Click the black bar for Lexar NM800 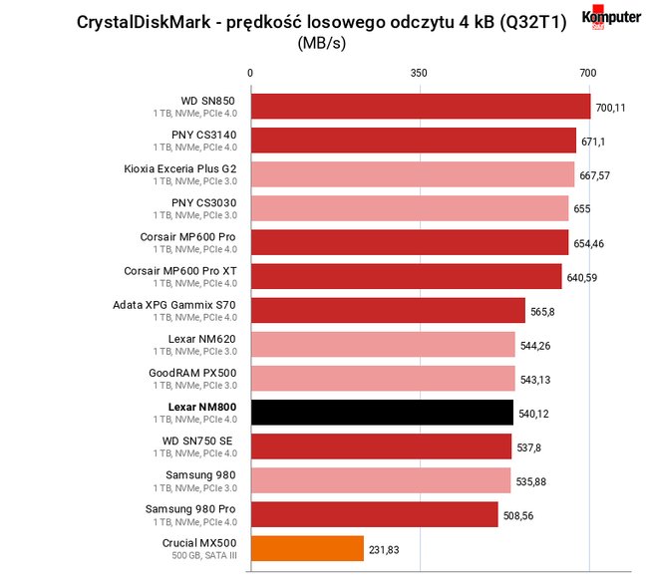click(383, 413)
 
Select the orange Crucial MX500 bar click(307, 548)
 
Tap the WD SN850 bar click(421, 107)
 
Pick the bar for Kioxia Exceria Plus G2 click(413, 174)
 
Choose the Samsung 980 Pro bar click(375, 514)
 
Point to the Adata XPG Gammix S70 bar click(388, 310)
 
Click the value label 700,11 click(610, 108)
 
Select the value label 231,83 click(384, 550)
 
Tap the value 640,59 click(582, 278)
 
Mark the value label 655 click(582, 209)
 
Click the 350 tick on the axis click(419, 73)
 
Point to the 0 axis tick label click(250, 73)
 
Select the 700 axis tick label click(588, 73)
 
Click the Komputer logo click(611, 17)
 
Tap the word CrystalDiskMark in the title click(144, 22)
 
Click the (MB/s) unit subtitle click(322, 43)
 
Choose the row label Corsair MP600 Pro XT click(180, 271)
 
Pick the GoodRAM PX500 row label click(192, 373)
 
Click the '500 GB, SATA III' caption click(204, 555)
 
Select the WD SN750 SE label click(197, 440)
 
